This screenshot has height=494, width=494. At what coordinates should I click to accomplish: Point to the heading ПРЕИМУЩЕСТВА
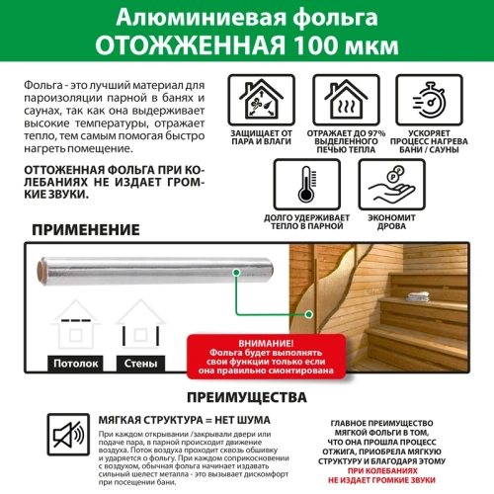click(x=246, y=399)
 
